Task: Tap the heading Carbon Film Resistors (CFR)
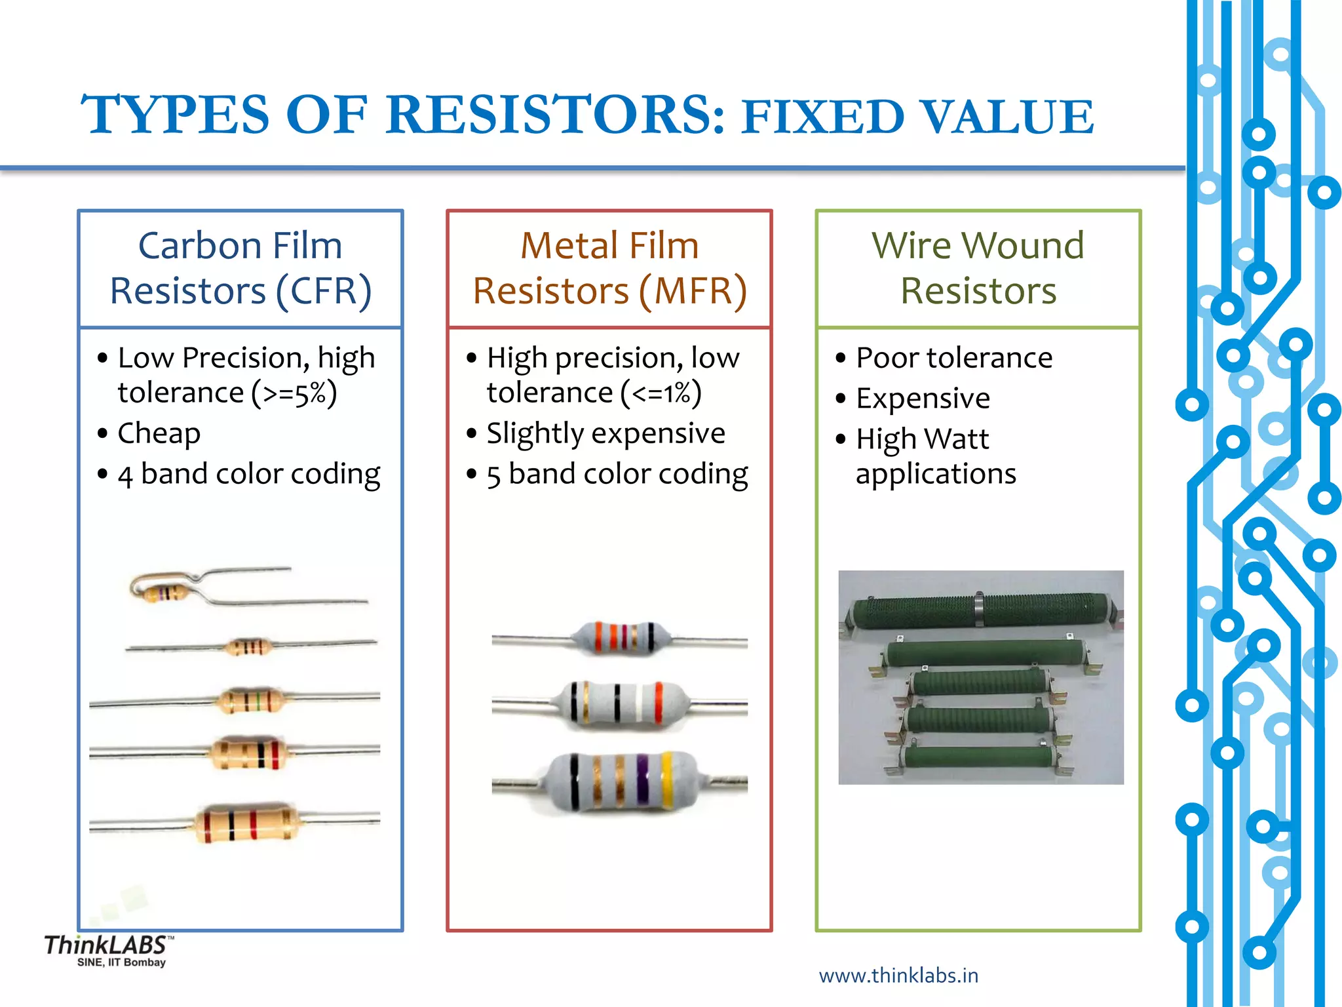coord(240,268)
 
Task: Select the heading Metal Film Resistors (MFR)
coord(609,268)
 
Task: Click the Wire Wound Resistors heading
coord(978,268)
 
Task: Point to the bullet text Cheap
coord(159,433)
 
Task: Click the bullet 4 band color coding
coord(248,474)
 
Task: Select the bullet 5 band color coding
coord(617,474)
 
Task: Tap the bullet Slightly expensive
coord(605,433)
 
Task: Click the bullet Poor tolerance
coord(953,358)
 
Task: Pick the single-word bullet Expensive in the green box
coord(923,398)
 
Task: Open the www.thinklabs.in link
coord(898,976)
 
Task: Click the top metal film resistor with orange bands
coord(620,638)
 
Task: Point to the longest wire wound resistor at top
coord(980,610)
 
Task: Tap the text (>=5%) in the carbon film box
coord(294,393)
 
